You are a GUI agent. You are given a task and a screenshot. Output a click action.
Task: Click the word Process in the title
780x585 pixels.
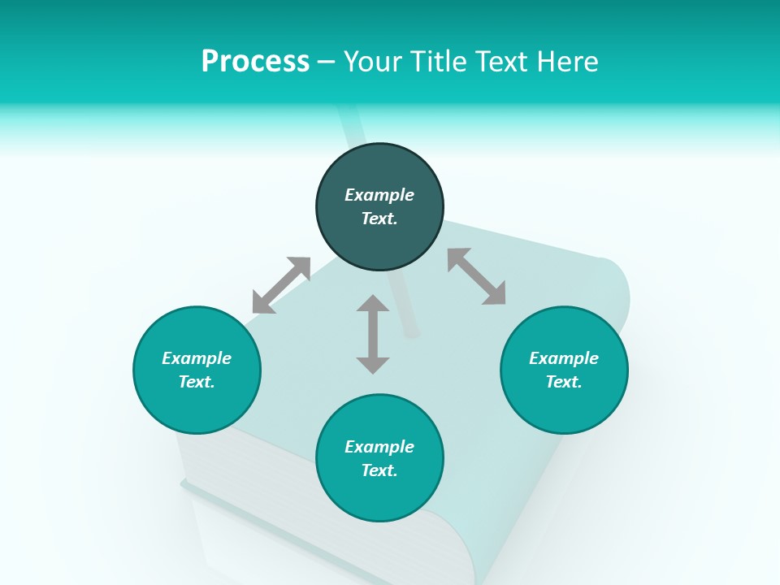point(255,62)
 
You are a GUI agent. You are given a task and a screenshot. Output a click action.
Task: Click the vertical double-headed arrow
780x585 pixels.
point(373,334)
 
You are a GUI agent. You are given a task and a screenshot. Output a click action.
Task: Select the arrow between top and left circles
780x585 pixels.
point(281,285)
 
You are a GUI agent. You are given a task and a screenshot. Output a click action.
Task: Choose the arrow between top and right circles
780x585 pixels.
point(477,276)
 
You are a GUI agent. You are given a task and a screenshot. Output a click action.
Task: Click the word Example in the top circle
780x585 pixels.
point(379,195)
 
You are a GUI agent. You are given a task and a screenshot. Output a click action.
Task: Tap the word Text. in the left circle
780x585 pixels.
point(197,382)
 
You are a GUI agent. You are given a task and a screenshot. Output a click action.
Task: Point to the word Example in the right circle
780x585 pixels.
point(564,358)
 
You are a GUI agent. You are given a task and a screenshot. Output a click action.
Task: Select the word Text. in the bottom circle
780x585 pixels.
point(379,470)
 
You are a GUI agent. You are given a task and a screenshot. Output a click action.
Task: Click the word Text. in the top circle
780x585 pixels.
point(379,219)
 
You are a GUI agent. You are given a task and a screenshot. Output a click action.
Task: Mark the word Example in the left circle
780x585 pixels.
point(197,358)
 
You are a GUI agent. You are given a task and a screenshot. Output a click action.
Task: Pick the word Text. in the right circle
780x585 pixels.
point(564,382)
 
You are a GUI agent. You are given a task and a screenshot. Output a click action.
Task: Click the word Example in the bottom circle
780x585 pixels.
point(379,447)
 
